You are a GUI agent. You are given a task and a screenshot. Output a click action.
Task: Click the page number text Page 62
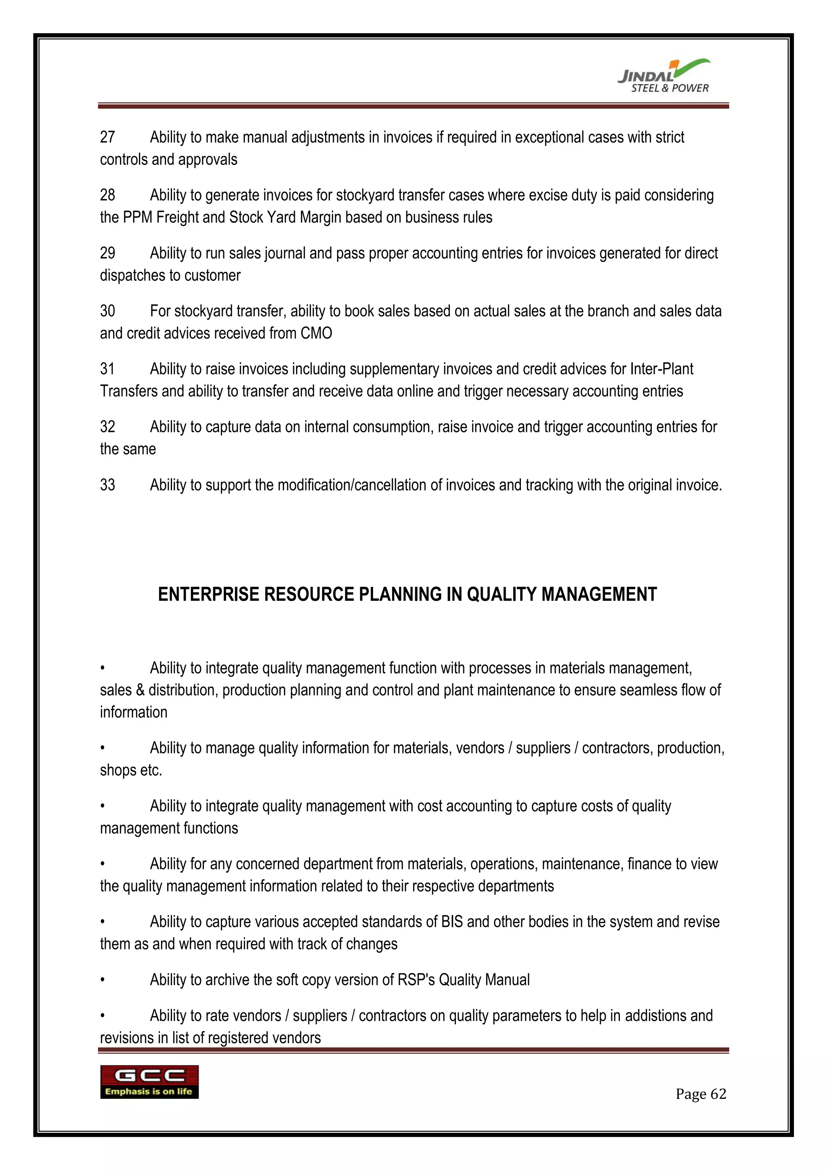pos(700,1094)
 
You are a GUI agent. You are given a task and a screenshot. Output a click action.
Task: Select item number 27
pos(107,137)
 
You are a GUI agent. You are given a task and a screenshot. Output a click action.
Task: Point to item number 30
pos(107,311)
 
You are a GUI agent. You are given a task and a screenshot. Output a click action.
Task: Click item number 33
pos(107,485)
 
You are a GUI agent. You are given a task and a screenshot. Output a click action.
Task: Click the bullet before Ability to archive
pos(102,980)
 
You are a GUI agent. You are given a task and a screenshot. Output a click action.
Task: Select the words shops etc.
pos(131,770)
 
